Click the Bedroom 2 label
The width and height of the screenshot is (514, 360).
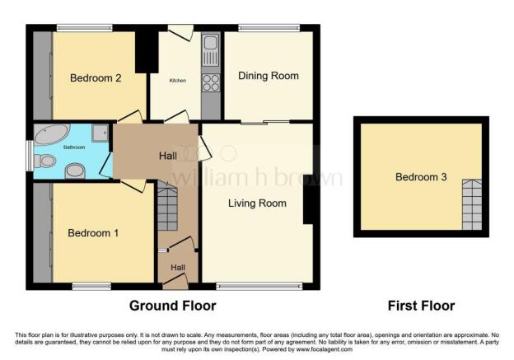[x=96, y=79]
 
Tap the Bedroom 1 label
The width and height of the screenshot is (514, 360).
[x=92, y=233]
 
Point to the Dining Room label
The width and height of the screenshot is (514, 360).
[x=269, y=76]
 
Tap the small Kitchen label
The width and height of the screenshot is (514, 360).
[x=178, y=81]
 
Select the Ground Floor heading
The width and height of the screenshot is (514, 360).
[x=172, y=306]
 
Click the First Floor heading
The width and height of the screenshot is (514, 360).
[x=421, y=306]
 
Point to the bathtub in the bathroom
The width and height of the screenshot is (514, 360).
[x=52, y=134]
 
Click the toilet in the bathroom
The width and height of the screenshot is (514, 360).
[x=46, y=161]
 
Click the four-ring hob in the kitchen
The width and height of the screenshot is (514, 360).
[x=210, y=83]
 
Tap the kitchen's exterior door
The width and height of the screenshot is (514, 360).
[x=181, y=32]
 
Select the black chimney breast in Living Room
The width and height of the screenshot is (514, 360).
[x=307, y=199]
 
